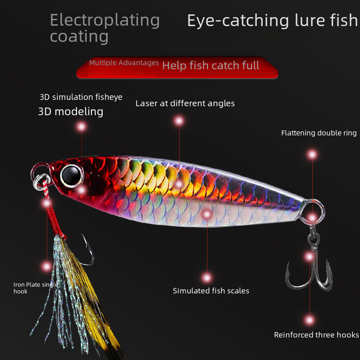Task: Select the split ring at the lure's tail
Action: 317,211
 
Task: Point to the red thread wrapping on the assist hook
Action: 53,220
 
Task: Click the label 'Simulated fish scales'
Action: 211,291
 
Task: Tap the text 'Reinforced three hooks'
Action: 316,335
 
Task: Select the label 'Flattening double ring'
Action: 319,133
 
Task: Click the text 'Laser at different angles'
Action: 185,103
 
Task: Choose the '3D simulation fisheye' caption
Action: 81,97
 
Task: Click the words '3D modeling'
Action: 71,112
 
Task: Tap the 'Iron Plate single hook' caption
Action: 35,288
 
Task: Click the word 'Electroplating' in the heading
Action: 104,20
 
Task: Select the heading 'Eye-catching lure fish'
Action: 272,21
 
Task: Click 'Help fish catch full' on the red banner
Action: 211,66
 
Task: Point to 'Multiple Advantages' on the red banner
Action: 124,63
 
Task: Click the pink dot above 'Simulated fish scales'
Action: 207,277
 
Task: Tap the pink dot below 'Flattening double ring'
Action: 312,155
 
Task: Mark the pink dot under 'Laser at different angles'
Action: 179,121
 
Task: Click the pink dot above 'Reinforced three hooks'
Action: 309,320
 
